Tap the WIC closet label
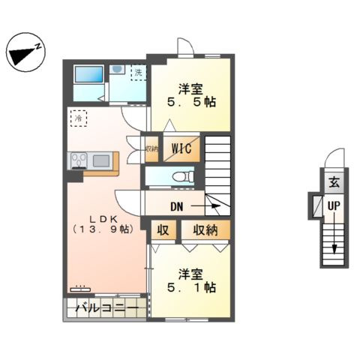coord(181,148)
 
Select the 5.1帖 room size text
coord(193,287)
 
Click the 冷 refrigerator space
coord(78,118)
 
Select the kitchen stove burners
coord(79,160)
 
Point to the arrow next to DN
coord(205,204)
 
